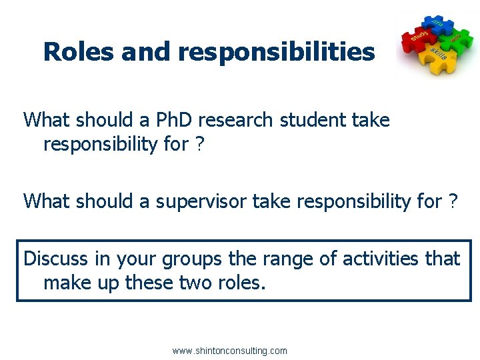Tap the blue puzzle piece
click(x=435, y=24)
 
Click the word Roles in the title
click(x=79, y=51)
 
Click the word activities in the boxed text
click(x=368, y=258)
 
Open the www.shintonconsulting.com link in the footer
click(x=229, y=351)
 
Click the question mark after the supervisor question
click(x=453, y=201)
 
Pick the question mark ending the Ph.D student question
click(x=199, y=145)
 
